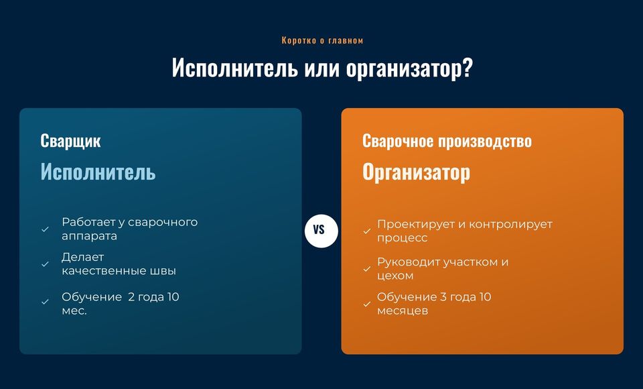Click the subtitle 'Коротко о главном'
pos(322,40)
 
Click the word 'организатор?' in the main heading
pos(409,68)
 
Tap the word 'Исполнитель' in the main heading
pos(235,67)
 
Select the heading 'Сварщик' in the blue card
pos(70,141)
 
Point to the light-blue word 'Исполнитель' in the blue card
pos(98,171)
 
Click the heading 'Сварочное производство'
pos(447,141)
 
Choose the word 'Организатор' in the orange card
pos(416,172)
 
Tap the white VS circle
pos(321,231)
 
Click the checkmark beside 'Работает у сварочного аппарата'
pos(45,229)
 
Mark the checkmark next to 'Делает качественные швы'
pos(45,264)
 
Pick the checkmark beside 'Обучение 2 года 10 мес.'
pos(45,302)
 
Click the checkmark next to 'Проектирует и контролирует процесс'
pos(367,231)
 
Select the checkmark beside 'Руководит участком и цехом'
pos(367,269)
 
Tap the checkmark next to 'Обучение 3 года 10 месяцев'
pos(367,304)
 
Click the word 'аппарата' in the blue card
pos(89,237)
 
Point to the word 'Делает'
pos(83,257)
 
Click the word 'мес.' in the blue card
pos(74,311)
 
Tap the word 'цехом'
pos(395,276)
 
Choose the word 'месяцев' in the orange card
pos(403,311)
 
